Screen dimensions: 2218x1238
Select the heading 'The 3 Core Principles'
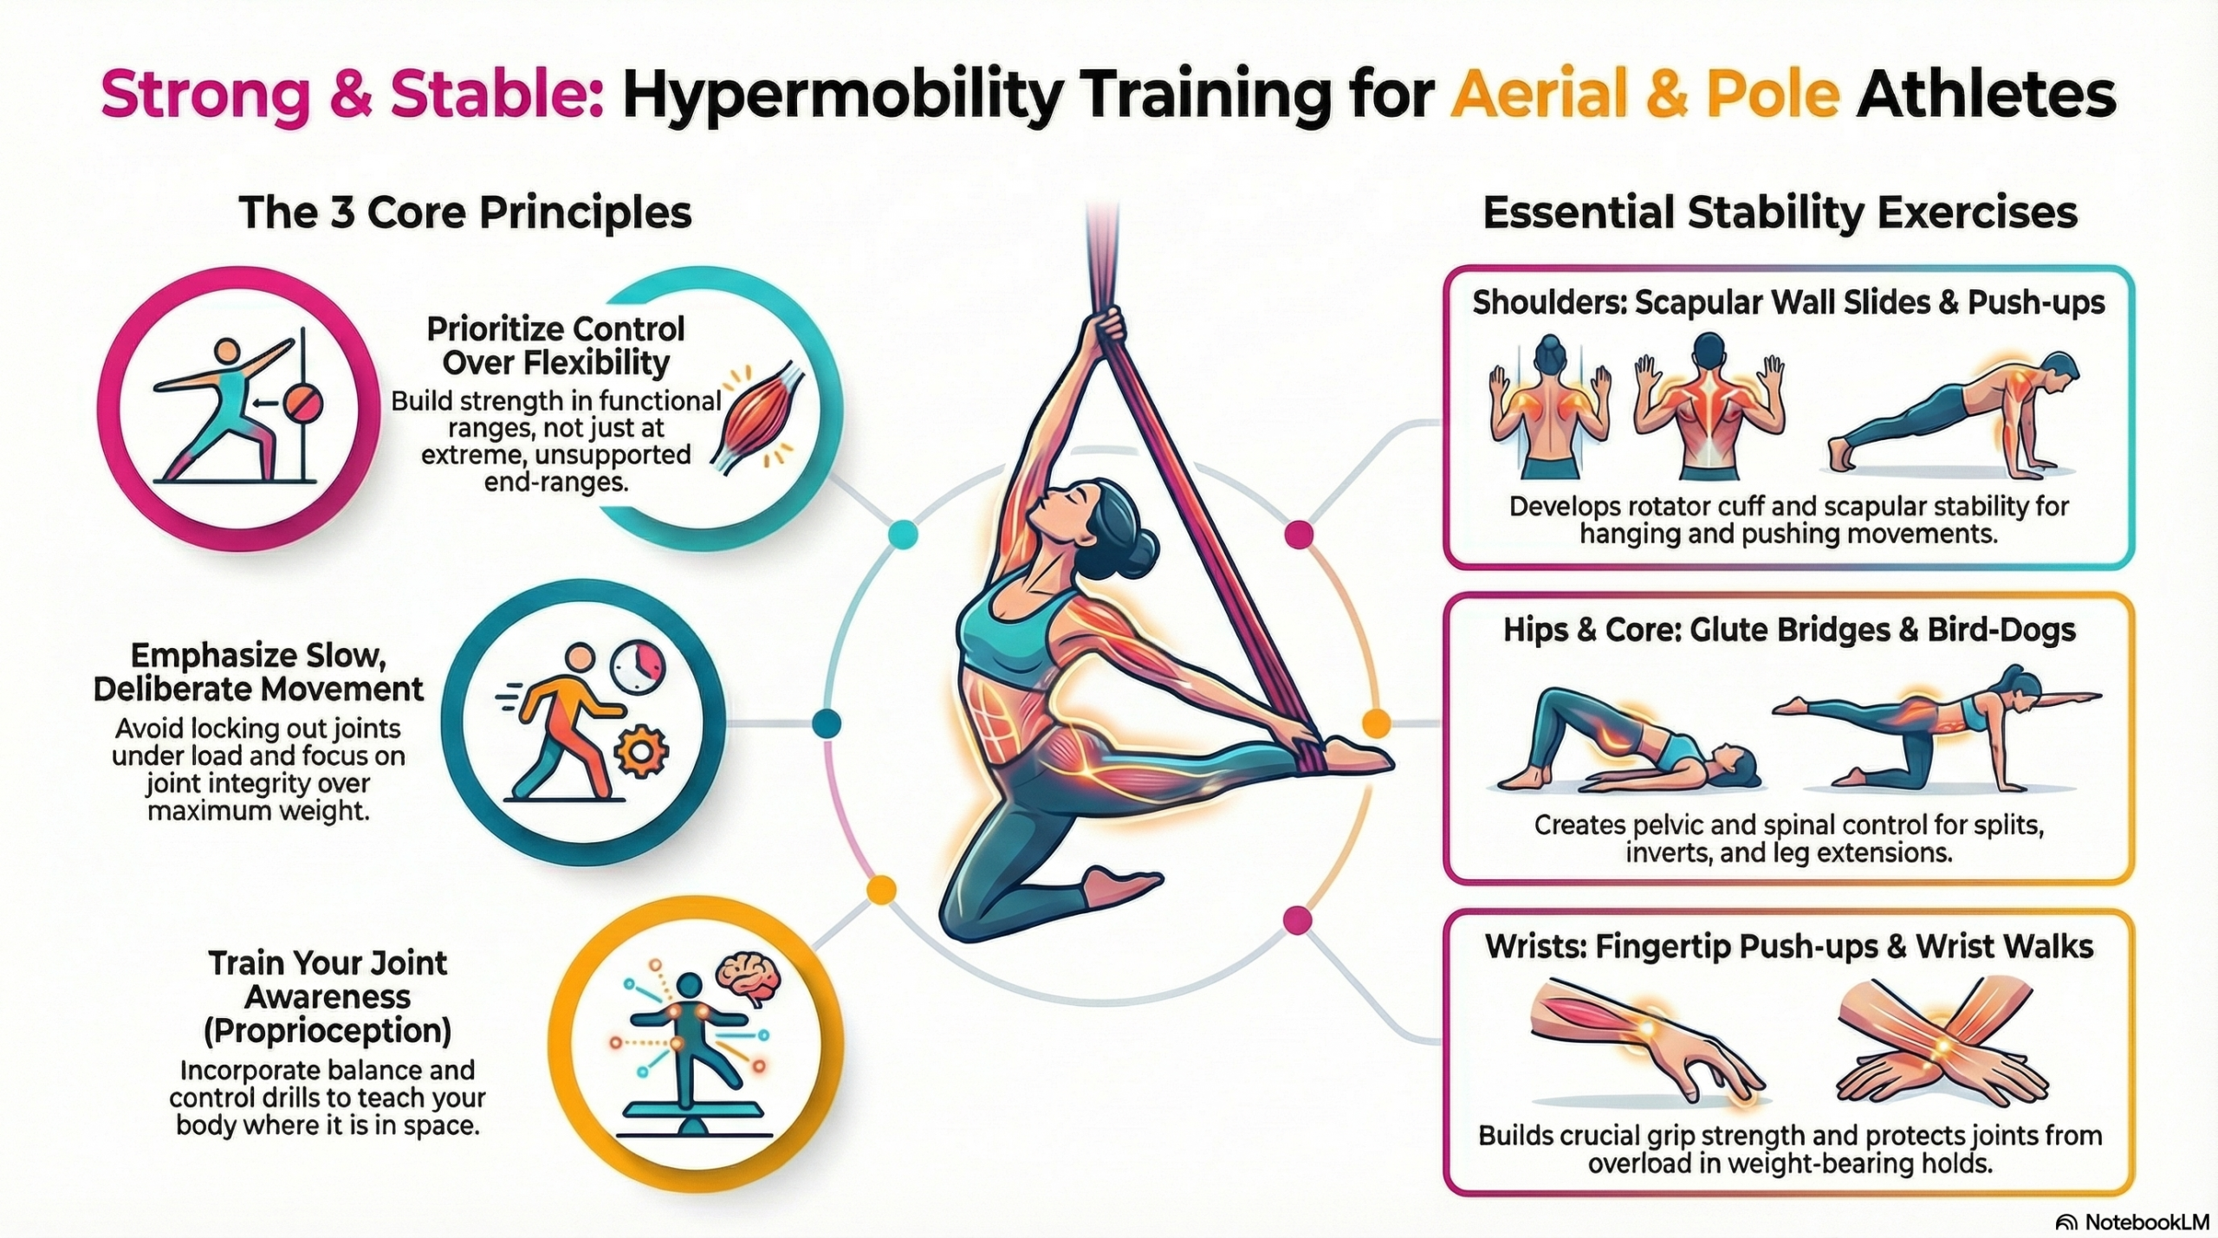click(x=465, y=212)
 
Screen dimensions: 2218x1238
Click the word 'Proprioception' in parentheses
click(x=328, y=1031)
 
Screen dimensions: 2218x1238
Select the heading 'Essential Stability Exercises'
click(x=1780, y=212)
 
